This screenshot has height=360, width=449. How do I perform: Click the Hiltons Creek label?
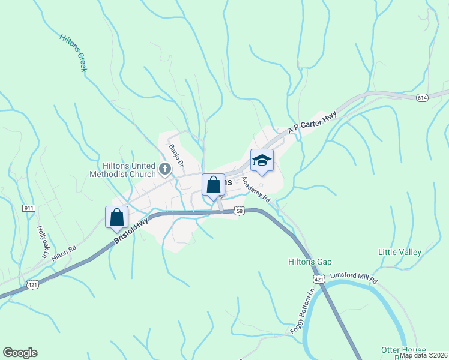(x=73, y=53)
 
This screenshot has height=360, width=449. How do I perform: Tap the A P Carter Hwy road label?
(x=312, y=123)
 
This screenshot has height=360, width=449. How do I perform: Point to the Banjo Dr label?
(x=175, y=155)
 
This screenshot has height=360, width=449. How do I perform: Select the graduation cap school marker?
(x=262, y=161)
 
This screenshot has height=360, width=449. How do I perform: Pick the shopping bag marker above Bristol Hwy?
(x=117, y=218)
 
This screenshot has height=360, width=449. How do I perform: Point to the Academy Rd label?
(x=256, y=188)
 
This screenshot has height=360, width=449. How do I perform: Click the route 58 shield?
(x=239, y=211)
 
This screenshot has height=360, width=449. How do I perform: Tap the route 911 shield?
(x=29, y=208)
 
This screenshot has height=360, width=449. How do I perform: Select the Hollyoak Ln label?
(x=42, y=241)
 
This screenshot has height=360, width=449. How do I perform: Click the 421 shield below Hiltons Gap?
(x=318, y=280)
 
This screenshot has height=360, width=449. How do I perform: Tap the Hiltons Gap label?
(x=310, y=262)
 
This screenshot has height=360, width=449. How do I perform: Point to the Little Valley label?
(x=400, y=252)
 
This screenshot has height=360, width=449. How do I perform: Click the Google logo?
(x=20, y=353)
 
